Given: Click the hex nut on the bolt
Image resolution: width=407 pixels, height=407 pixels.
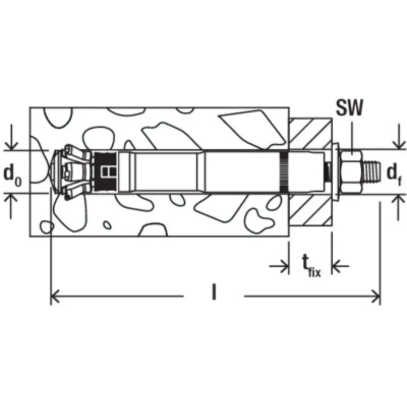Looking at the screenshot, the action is click(x=350, y=172).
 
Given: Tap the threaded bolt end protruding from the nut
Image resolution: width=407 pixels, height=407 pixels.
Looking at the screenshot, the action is click(x=371, y=172).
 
